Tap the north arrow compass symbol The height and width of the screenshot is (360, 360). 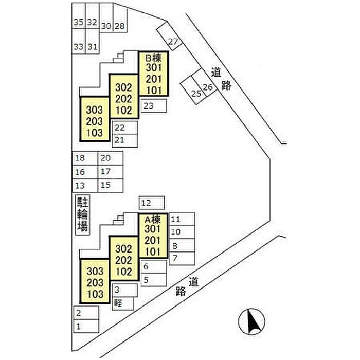[x=251, y=321]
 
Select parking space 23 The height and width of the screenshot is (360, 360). [x=154, y=106]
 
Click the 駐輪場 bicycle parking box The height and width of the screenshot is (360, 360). [x=83, y=215]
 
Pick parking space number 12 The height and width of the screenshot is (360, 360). [x=152, y=203]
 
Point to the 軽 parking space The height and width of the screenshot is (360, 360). [x=123, y=303]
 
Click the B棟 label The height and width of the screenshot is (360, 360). [x=153, y=58]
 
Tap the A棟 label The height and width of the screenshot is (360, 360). [x=152, y=220]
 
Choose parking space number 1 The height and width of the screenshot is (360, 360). [x=86, y=326]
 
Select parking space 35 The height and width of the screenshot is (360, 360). [x=79, y=15]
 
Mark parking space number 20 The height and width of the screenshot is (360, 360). [x=111, y=158]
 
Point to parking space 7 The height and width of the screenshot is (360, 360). [x=182, y=259]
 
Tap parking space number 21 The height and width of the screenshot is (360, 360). [x=125, y=141]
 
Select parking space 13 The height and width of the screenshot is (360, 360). [x=85, y=186]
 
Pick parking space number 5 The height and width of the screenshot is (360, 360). [x=154, y=280]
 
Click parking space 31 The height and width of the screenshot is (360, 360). [x=92, y=41]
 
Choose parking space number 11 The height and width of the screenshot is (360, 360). [x=182, y=219]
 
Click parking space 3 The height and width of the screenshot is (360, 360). [x=125, y=290]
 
